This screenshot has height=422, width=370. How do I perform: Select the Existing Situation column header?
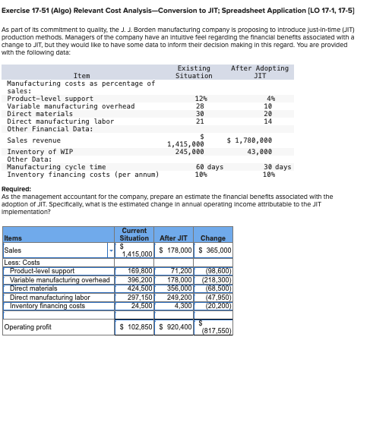point(194,72)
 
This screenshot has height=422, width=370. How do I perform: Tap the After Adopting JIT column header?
point(260,72)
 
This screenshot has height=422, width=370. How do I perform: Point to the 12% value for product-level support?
point(201,99)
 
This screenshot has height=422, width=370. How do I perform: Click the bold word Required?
point(16,189)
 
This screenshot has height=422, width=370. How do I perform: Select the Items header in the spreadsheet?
point(14,238)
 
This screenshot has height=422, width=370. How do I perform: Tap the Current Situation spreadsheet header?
point(134,235)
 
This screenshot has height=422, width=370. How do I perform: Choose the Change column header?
point(213,238)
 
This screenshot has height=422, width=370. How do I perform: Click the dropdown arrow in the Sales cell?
point(112,250)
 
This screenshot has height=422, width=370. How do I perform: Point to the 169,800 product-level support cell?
point(140,270)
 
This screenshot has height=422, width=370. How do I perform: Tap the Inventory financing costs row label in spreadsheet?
point(47,306)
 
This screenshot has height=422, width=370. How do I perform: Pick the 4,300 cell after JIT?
point(183,306)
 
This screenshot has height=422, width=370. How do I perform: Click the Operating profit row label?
point(27,327)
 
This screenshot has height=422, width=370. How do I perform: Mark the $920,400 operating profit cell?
point(176,327)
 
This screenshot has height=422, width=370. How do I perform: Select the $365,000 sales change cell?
point(214,250)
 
